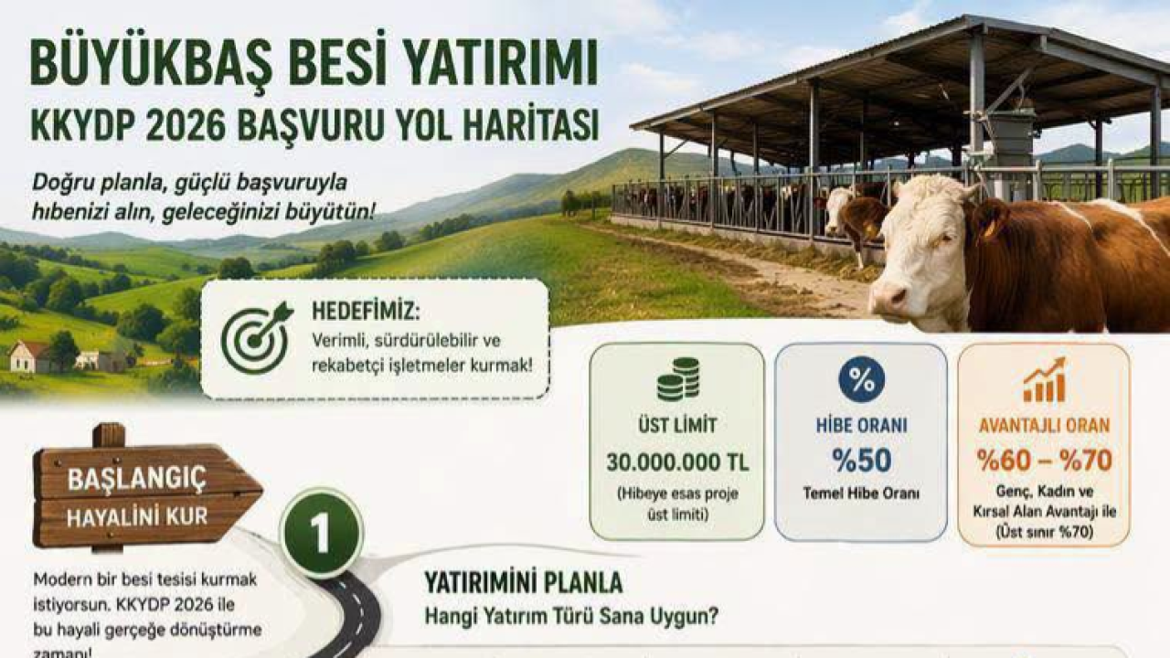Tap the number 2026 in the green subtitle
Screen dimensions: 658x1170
point(173,125)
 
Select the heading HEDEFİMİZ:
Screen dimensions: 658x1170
point(366,311)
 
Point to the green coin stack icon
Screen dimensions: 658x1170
point(677,380)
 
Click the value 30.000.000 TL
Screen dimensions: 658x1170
point(677,462)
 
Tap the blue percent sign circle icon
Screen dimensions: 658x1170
point(861,380)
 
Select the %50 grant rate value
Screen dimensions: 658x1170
point(861,461)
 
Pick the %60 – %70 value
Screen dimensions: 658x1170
point(1044,461)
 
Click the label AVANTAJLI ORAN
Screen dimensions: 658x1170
point(1044,426)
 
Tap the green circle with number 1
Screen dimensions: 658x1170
point(321,535)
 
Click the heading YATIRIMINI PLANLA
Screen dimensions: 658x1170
point(524,583)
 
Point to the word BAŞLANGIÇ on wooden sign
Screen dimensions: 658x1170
point(137,479)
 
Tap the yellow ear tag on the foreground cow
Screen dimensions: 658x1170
point(989,228)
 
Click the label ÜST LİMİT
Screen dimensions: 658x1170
point(677,426)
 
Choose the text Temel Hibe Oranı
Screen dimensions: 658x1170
point(861,493)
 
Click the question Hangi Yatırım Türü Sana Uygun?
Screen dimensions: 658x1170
point(570,616)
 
